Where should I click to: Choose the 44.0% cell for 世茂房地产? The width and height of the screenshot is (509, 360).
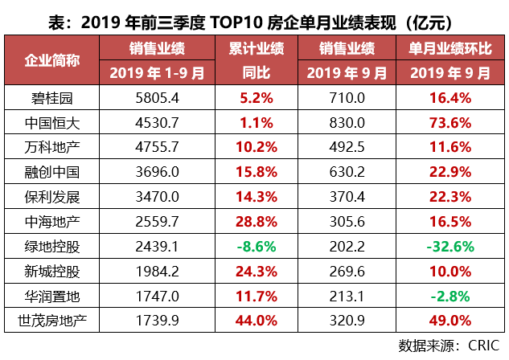[257, 321]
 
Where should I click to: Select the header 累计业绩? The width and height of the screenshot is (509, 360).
[257, 48]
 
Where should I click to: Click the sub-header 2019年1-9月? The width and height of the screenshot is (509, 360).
[158, 73]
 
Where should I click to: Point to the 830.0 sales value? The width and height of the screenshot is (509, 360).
[348, 124]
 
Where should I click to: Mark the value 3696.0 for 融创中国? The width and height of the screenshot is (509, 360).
[158, 173]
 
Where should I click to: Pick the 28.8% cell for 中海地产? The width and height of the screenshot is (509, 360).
[257, 222]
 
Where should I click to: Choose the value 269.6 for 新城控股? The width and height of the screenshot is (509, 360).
[348, 272]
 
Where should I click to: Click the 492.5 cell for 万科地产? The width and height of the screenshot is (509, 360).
[348, 148]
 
